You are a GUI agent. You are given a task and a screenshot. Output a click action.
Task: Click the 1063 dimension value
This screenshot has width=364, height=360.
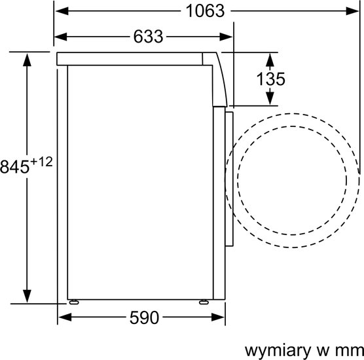(x=205, y=11)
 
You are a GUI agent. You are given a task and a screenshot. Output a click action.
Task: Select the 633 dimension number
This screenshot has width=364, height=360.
(x=148, y=37)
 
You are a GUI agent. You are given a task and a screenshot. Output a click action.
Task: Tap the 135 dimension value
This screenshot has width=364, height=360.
(x=270, y=79)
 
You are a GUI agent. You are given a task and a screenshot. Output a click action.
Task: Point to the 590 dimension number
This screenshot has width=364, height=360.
(x=144, y=317)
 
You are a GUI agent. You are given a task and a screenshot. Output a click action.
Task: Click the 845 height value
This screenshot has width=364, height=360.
(x=15, y=167)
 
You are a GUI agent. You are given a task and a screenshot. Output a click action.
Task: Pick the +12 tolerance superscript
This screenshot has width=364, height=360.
(x=41, y=162)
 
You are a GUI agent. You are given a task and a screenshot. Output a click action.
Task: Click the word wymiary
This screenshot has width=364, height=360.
(x=278, y=350)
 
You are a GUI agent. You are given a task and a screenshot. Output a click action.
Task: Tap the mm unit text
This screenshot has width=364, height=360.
(x=350, y=351)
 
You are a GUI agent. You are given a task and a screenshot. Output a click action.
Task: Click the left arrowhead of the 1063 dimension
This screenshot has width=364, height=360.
(x=62, y=11)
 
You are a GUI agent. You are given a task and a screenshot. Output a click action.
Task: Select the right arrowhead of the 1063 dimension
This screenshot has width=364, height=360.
(x=352, y=11)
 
